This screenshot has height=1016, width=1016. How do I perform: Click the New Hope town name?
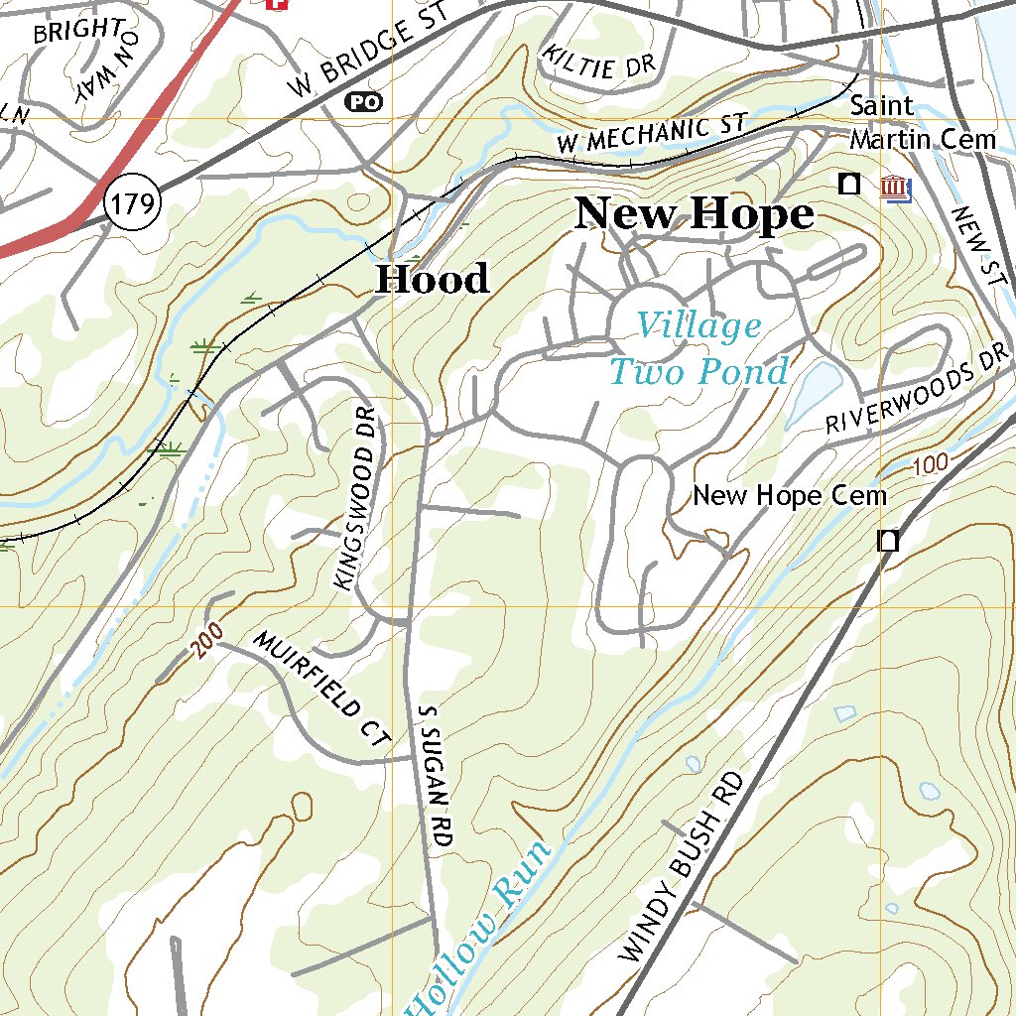[695, 214]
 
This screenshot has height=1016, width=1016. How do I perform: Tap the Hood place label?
[433, 279]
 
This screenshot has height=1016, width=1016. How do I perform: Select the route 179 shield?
[133, 204]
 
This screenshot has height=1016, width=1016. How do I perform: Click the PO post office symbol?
[363, 101]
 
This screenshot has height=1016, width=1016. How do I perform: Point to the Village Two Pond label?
[698, 348]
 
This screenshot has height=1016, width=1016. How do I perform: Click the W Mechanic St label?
[651, 134]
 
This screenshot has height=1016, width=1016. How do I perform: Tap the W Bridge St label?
[368, 50]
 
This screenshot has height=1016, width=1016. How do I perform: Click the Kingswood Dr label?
[357, 499]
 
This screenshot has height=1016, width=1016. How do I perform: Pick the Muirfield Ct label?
[322, 687]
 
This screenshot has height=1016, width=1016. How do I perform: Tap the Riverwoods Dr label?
[918, 389]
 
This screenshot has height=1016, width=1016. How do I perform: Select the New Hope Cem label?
[789, 495]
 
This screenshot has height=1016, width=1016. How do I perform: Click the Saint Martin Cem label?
[922, 123]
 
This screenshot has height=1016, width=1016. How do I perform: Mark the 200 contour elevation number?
[203, 643]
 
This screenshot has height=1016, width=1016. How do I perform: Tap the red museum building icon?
[896, 187]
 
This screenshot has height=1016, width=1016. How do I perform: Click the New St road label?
[976, 248]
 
